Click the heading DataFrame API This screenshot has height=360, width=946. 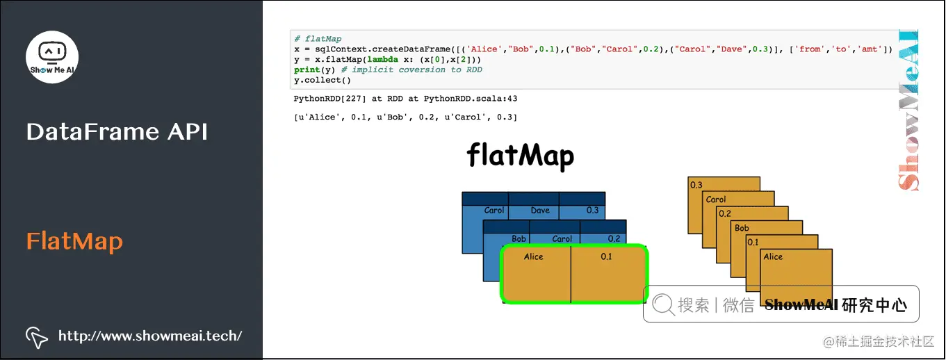point(117,132)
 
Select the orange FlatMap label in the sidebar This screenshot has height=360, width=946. point(74,242)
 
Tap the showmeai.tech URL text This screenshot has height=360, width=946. point(150,336)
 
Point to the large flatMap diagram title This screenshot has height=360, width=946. point(520,156)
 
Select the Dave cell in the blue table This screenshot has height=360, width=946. point(539,210)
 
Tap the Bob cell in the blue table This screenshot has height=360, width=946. point(519,238)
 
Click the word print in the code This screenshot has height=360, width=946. point(307,69)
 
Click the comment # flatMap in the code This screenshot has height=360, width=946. point(318,39)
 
